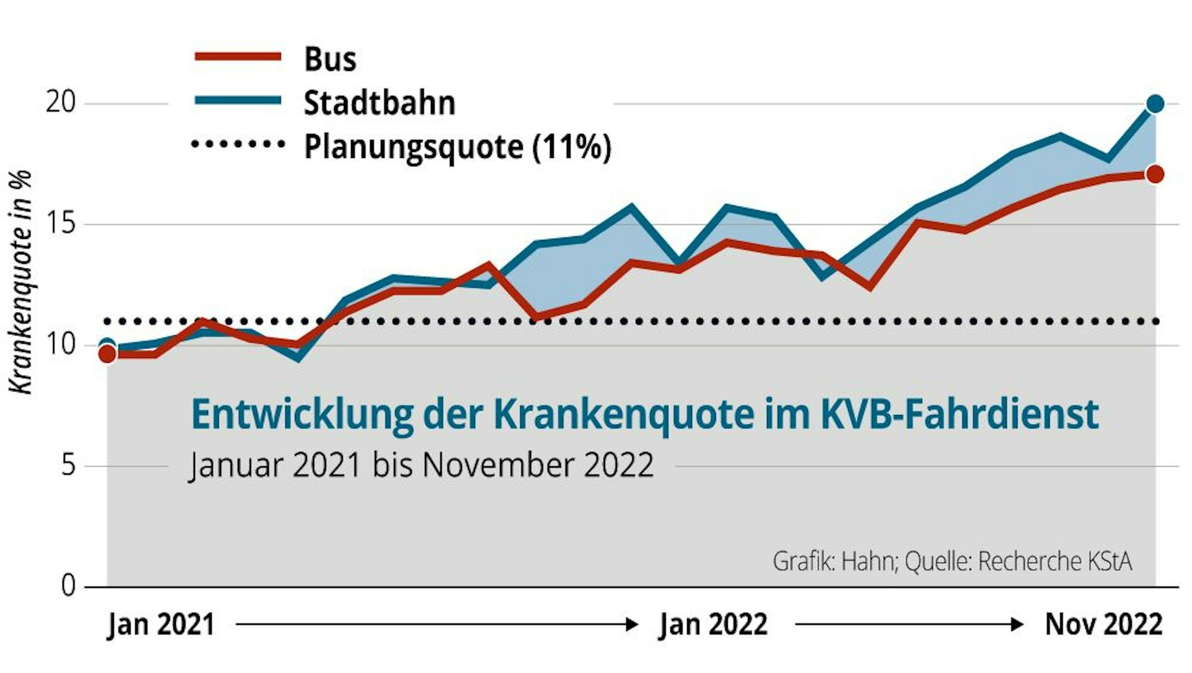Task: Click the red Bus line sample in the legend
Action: (x=238, y=57)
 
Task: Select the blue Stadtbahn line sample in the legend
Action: (x=238, y=101)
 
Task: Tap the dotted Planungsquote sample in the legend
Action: (x=238, y=144)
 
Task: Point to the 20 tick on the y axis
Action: (x=61, y=102)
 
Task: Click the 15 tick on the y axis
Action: (x=61, y=223)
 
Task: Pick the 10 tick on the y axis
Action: (x=61, y=344)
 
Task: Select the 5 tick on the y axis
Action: (x=69, y=465)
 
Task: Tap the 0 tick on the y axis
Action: (x=69, y=586)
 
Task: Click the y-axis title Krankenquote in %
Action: (x=20, y=282)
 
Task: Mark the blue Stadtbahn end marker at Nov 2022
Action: (x=1155, y=104)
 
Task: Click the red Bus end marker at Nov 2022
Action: (x=1155, y=175)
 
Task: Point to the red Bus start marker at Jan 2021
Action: (x=107, y=354)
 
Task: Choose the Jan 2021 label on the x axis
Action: (x=161, y=625)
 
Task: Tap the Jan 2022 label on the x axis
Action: (x=713, y=625)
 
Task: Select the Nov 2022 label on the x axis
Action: (x=1103, y=625)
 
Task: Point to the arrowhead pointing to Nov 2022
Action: (x=1018, y=624)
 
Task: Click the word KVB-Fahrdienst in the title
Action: (x=960, y=415)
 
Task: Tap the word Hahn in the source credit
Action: (x=868, y=562)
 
